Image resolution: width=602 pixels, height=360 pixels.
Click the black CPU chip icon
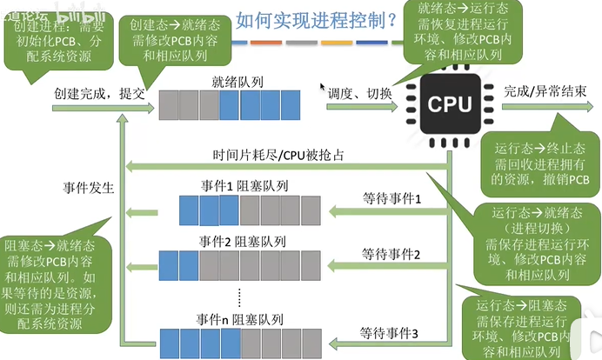449,103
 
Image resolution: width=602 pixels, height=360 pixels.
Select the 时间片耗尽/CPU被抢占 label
278,155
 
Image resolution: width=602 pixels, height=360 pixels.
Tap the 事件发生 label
89,187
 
